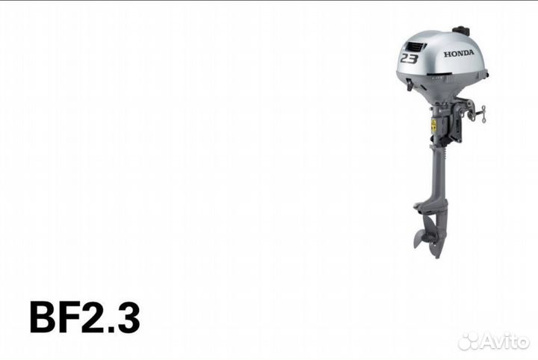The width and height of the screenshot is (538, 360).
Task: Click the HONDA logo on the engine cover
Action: pyautogui.click(x=459, y=53)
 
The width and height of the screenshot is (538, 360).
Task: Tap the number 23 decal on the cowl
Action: pyautogui.click(x=409, y=58)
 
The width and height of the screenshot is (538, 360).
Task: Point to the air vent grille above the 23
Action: pyautogui.click(x=415, y=46)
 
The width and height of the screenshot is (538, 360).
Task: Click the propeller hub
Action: pyautogui.click(x=430, y=238)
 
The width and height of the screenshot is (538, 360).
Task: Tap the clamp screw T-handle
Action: pyautogui.click(x=483, y=114)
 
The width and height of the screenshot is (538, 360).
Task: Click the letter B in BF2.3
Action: pyautogui.click(x=43, y=317)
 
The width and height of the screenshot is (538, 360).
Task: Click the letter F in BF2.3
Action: pyautogui.click(x=69, y=317)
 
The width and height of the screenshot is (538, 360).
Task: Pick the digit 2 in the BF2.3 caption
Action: pyautogui.click(x=93, y=317)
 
